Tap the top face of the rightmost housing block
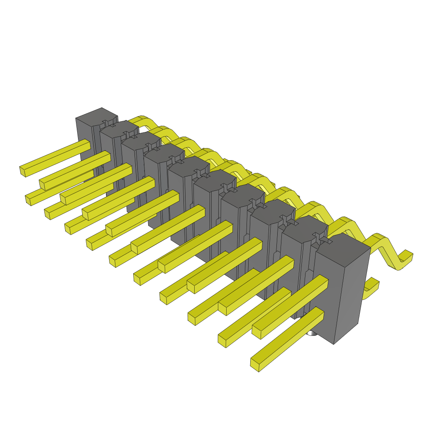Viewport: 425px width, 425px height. [343, 245]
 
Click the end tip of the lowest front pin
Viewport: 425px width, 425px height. [255, 365]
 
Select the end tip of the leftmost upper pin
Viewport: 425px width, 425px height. [23, 171]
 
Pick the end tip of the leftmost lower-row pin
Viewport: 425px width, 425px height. [29, 200]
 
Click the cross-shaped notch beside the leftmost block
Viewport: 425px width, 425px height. [108, 123]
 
